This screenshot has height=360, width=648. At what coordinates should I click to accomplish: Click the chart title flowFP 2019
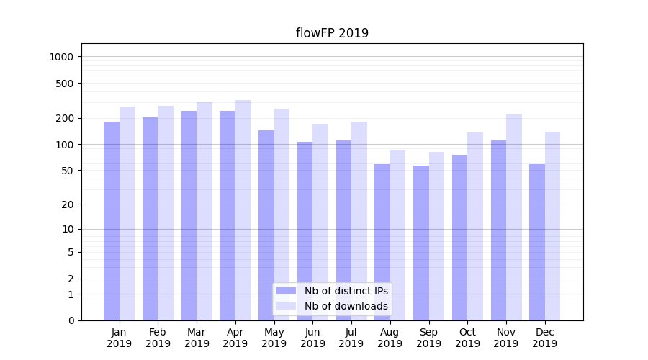pos(332,33)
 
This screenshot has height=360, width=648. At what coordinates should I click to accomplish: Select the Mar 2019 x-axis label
pos(197,338)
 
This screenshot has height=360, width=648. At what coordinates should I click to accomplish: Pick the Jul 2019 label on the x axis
pos(351,338)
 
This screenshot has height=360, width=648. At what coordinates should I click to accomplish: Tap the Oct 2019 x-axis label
pos(467,338)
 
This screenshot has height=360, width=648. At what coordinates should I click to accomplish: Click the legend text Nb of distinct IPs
pos(346,291)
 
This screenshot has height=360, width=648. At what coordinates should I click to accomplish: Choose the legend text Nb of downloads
pos(346,306)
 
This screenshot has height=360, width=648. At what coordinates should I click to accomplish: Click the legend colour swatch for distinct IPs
pos(287,291)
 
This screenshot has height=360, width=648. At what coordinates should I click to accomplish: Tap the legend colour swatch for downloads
pos(287,306)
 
